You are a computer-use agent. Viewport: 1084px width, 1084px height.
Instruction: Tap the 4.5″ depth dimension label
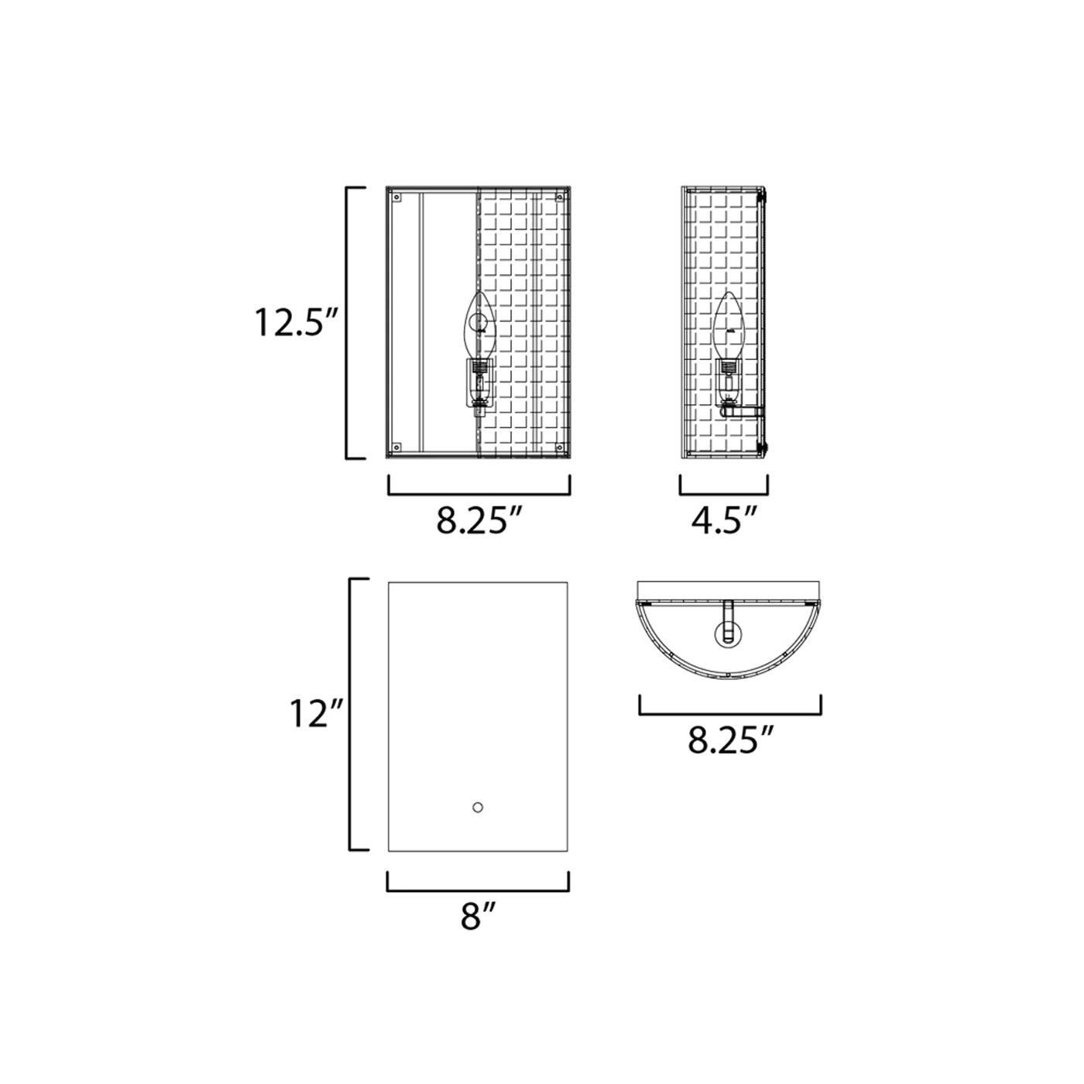(724, 520)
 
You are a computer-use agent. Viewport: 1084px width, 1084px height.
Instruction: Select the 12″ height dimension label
(316, 715)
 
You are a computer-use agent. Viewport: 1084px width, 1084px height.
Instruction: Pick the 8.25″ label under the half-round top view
(730, 740)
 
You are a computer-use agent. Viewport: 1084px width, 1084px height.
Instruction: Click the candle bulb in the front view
(479, 326)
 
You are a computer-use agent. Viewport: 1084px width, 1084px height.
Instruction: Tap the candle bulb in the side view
(729, 326)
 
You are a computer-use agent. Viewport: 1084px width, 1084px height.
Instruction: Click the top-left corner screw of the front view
(396, 197)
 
